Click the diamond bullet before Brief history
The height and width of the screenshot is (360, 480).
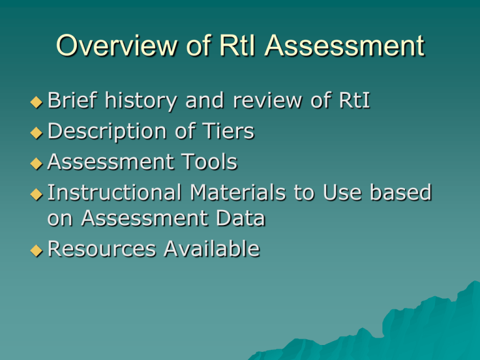tap(38, 102)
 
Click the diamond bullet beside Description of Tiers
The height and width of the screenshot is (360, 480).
tap(38, 132)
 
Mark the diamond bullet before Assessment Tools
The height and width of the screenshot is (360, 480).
tap(38, 162)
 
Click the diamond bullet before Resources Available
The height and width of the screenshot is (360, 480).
tap(38, 249)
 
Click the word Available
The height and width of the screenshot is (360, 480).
tap(211, 249)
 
